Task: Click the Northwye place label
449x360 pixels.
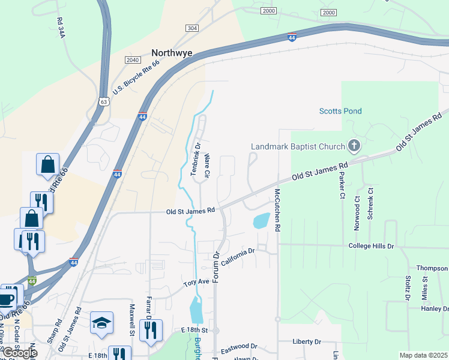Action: (x=172, y=53)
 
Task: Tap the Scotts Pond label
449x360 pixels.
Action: (x=340, y=111)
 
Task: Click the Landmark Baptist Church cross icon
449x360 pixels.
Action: (x=354, y=146)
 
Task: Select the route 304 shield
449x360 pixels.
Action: (x=192, y=28)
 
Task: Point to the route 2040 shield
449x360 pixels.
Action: (x=133, y=60)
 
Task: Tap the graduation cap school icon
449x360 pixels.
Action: (x=101, y=323)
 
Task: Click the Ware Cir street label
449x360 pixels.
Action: (x=206, y=166)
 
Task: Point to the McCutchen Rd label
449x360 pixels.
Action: (x=277, y=211)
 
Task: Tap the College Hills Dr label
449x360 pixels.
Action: (x=372, y=246)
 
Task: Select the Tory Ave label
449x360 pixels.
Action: (x=196, y=282)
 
